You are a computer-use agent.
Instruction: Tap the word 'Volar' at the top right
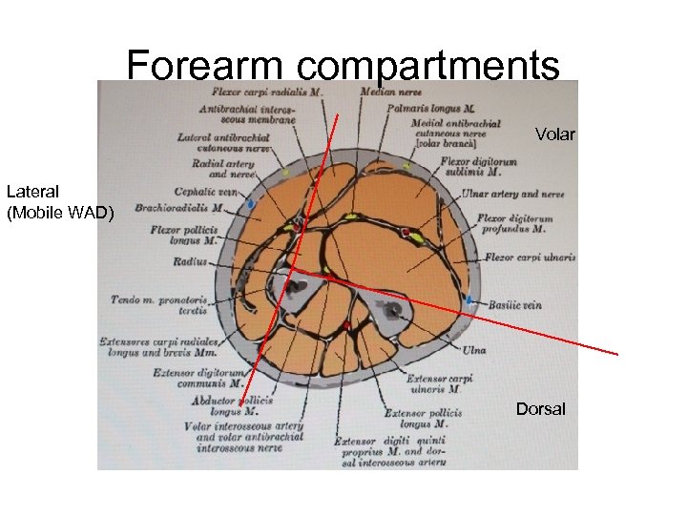(554, 134)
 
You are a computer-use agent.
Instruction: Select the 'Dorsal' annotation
(540, 409)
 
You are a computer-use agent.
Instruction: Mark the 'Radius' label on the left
(190, 261)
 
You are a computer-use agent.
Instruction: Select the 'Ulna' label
(474, 350)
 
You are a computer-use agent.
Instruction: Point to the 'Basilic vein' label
(516, 305)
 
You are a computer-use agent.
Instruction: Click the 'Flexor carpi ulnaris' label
(530, 257)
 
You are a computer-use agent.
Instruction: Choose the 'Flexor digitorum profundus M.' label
(515, 224)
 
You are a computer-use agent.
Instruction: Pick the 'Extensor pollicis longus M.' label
(423, 419)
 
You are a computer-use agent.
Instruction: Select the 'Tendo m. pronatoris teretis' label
(158, 305)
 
